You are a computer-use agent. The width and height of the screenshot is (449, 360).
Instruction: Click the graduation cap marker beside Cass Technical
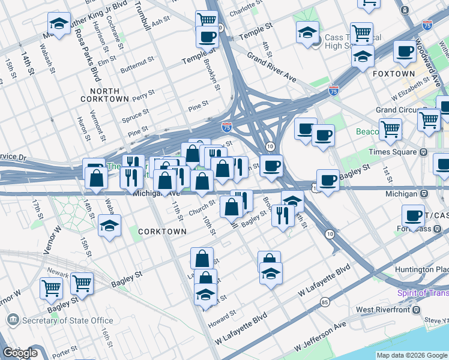[x=307, y=32]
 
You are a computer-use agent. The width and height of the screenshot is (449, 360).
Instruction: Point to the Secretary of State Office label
[x=68, y=320]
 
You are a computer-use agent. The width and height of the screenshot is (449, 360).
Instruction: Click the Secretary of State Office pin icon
[x=13, y=320]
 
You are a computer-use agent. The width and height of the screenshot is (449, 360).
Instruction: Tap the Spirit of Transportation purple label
[x=423, y=293]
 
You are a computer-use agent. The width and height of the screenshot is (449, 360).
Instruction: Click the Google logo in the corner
[x=20, y=353]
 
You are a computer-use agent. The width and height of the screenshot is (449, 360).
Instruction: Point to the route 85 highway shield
[x=325, y=302]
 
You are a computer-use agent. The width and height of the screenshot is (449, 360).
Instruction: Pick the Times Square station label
[x=393, y=152]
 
